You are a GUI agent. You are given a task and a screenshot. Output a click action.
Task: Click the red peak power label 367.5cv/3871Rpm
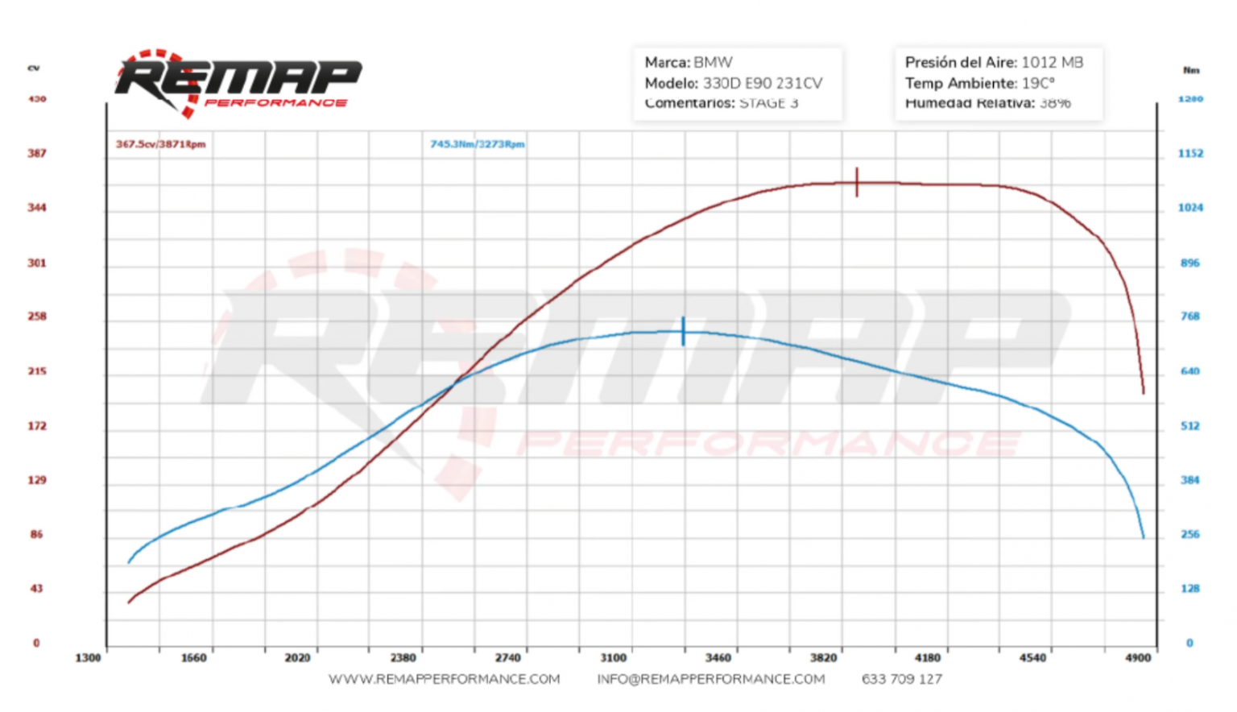pyautogui.click(x=160, y=144)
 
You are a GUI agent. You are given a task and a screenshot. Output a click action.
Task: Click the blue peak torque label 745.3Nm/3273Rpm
pyautogui.click(x=477, y=144)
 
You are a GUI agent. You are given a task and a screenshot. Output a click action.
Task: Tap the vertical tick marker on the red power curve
pyautogui.click(x=857, y=182)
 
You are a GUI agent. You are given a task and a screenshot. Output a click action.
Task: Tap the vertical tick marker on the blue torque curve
pyautogui.click(x=683, y=331)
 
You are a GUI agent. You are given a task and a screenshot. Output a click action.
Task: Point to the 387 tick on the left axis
pyautogui.click(x=37, y=153)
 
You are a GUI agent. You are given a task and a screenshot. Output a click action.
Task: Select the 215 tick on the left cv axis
pyautogui.click(x=37, y=371)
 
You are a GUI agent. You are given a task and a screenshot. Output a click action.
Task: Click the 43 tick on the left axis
pyautogui.click(x=37, y=589)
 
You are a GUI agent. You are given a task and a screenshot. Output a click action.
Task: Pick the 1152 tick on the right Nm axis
pyautogui.click(x=1190, y=153)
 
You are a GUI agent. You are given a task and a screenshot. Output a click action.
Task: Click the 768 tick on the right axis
pyautogui.click(x=1190, y=317)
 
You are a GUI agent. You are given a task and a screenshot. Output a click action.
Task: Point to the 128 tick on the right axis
pyautogui.click(x=1190, y=589)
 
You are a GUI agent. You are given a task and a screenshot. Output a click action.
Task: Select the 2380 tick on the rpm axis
pyautogui.click(x=403, y=658)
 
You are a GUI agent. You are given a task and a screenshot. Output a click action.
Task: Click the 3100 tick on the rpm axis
pyautogui.click(x=613, y=658)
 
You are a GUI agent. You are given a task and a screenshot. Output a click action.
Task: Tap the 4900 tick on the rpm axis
pyautogui.click(x=1138, y=658)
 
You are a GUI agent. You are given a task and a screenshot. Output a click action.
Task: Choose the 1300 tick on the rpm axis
pyautogui.click(x=88, y=658)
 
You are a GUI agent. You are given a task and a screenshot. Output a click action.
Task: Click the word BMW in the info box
pyautogui.click(x=713, y=62)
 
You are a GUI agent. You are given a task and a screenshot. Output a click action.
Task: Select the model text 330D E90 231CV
pyautogui.click(x=763, y=83)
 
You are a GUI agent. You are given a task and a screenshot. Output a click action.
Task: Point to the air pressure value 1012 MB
pyautogui.click(x=1052, y=62)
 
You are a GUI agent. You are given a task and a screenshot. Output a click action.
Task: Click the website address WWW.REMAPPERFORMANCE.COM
pyautogui.click(x=444, y=679)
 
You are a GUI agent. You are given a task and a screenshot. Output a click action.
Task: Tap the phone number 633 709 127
pyautogui.click(x=901, y=679)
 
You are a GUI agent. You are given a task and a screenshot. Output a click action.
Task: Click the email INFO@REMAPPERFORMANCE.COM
pyautogui.click(x=710, y=679)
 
